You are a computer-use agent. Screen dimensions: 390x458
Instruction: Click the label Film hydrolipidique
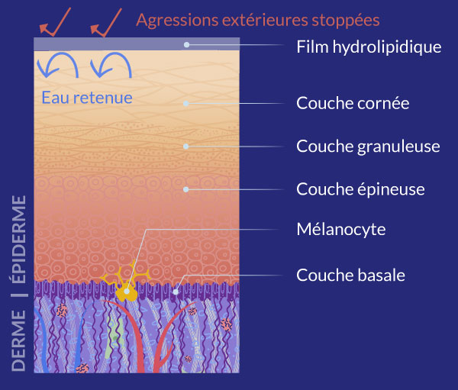click(x=369, y=47)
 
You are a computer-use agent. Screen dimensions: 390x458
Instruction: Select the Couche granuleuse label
click(x=368, y=146)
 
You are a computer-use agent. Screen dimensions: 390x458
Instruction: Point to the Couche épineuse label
click(x=360, y=189)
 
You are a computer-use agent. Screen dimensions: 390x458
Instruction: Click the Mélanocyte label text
click(x=341, y=229)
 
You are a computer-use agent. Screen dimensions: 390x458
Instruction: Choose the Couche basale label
click(x=350, y=274)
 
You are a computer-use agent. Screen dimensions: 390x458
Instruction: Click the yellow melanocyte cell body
click(x=127, y=292)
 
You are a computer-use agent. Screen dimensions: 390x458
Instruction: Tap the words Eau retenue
click(x=87, y=97)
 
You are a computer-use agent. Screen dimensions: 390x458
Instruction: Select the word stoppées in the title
click(x=347, y=19)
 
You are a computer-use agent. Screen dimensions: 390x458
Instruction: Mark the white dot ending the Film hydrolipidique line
click(x=186, y=45)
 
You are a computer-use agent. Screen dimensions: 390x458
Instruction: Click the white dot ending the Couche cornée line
click(x=186, y=103)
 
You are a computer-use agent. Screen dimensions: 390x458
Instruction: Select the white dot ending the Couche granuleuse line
click(x=186, y=145)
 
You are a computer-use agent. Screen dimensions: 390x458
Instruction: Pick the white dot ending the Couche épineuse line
click(x=186, y=188)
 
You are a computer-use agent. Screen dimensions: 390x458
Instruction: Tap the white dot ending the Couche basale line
click(x=176, y=290)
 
